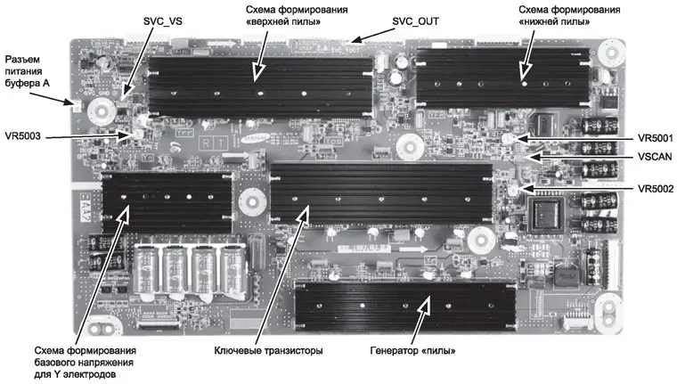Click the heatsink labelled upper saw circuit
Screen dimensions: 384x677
(x=259, y=89)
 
